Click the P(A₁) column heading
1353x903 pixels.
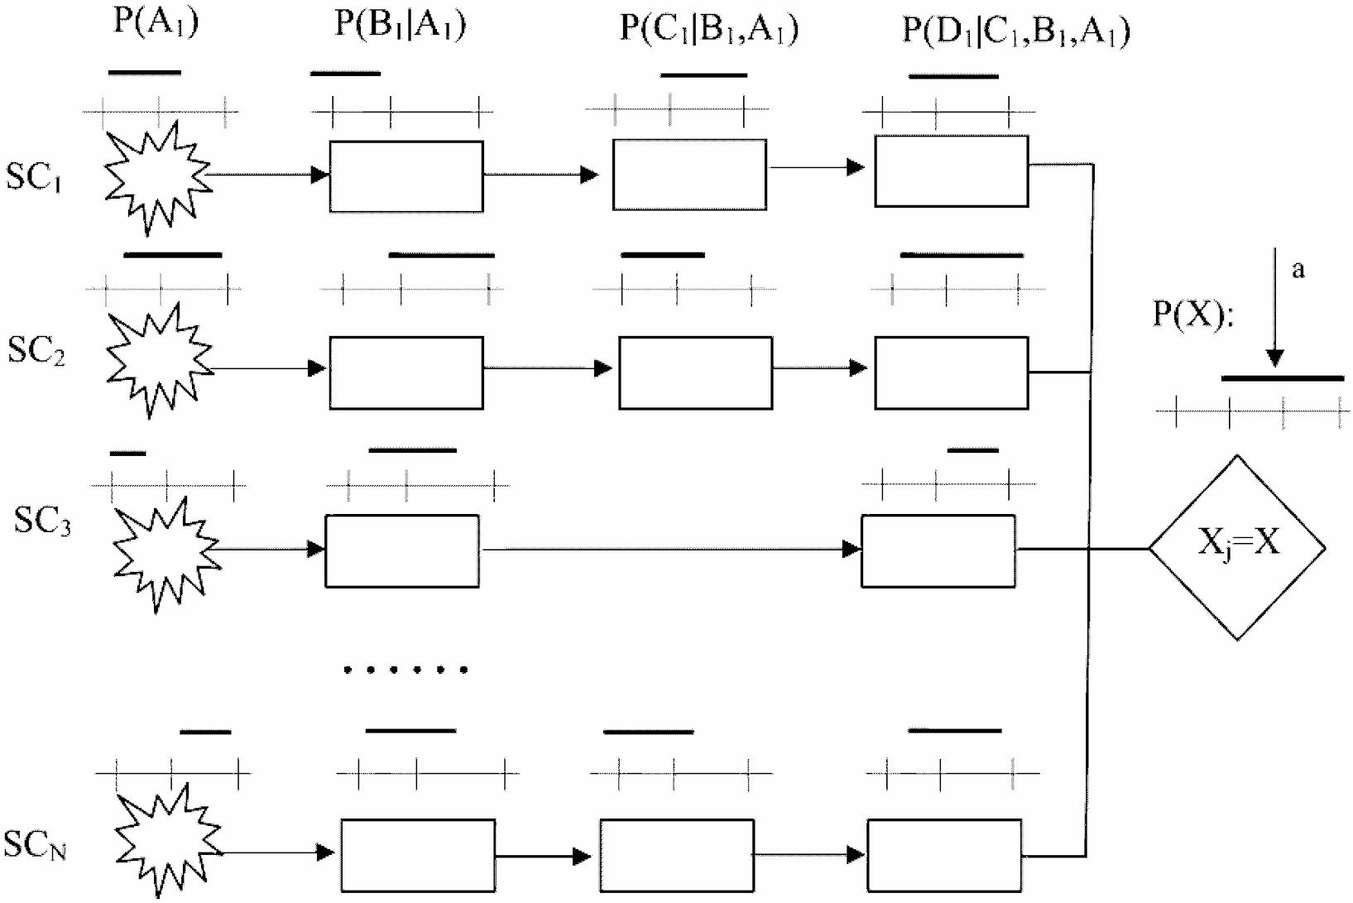tap(156, 22)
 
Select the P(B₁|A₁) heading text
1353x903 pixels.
tap(400, 24)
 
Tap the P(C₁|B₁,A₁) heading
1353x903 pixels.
tap(708, 28)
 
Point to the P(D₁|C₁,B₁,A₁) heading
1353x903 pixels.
tap(1016, 31)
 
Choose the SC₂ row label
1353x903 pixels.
tap(36, 351)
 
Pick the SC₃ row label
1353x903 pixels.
tap(42, 523)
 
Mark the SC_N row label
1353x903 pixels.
tap(35, 846)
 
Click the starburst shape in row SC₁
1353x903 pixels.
tap(155, 176)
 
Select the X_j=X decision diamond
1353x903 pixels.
tap(1237, 547)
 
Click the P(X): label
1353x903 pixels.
tap(1192, 315)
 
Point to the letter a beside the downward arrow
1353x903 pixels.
tap(1298, 270)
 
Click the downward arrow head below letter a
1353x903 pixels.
tap(1275, 358)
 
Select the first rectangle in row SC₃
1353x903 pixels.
tap(402, 551)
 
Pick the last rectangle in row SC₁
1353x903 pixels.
tap(952, 171)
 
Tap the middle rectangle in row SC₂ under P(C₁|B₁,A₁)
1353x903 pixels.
tap(695, 372)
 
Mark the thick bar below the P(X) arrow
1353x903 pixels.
tap(1283, 378)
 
